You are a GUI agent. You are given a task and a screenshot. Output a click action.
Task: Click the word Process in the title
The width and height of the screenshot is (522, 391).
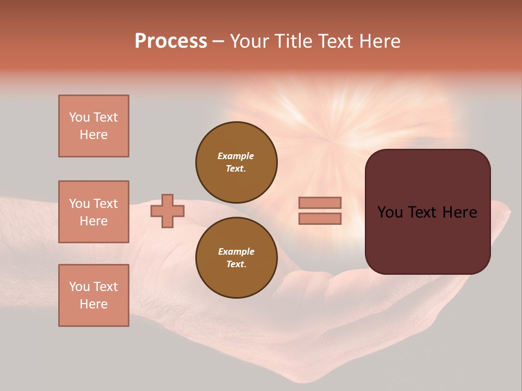[171, 41]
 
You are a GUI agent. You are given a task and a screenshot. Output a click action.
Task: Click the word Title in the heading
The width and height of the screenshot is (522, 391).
[292, 41]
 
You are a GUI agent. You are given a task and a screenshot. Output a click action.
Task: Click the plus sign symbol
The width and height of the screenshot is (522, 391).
[167, 211]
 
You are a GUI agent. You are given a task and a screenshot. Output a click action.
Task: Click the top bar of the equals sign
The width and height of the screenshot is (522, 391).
[320, 203]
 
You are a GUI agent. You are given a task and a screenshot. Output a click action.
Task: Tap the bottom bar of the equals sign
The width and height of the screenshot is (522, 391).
[320, 218]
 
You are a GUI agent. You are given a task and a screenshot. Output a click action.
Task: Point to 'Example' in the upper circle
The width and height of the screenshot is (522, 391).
[236, 156]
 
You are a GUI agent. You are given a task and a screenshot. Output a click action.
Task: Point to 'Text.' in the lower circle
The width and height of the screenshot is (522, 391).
[236, 264]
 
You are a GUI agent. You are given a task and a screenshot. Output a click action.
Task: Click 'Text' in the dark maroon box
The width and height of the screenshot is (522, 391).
[427, 212]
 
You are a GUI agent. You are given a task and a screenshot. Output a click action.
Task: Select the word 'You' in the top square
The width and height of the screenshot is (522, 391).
[79, 117]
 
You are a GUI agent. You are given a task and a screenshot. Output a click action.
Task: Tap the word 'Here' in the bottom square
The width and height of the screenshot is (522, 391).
[94, 304]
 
